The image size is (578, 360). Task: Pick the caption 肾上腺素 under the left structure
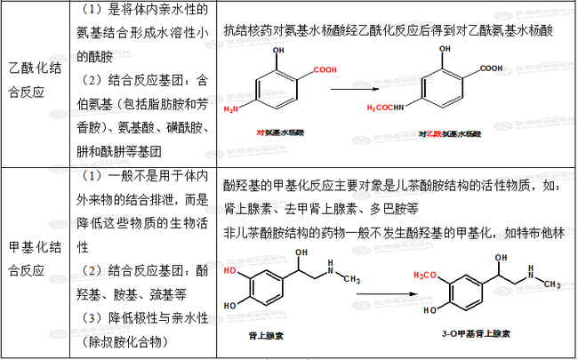tap(266, 338)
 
